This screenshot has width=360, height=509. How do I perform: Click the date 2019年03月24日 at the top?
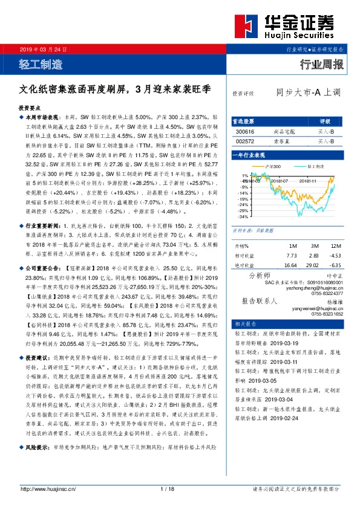44,50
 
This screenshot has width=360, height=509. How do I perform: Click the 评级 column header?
324,121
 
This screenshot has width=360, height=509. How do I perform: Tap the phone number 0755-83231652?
327,314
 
